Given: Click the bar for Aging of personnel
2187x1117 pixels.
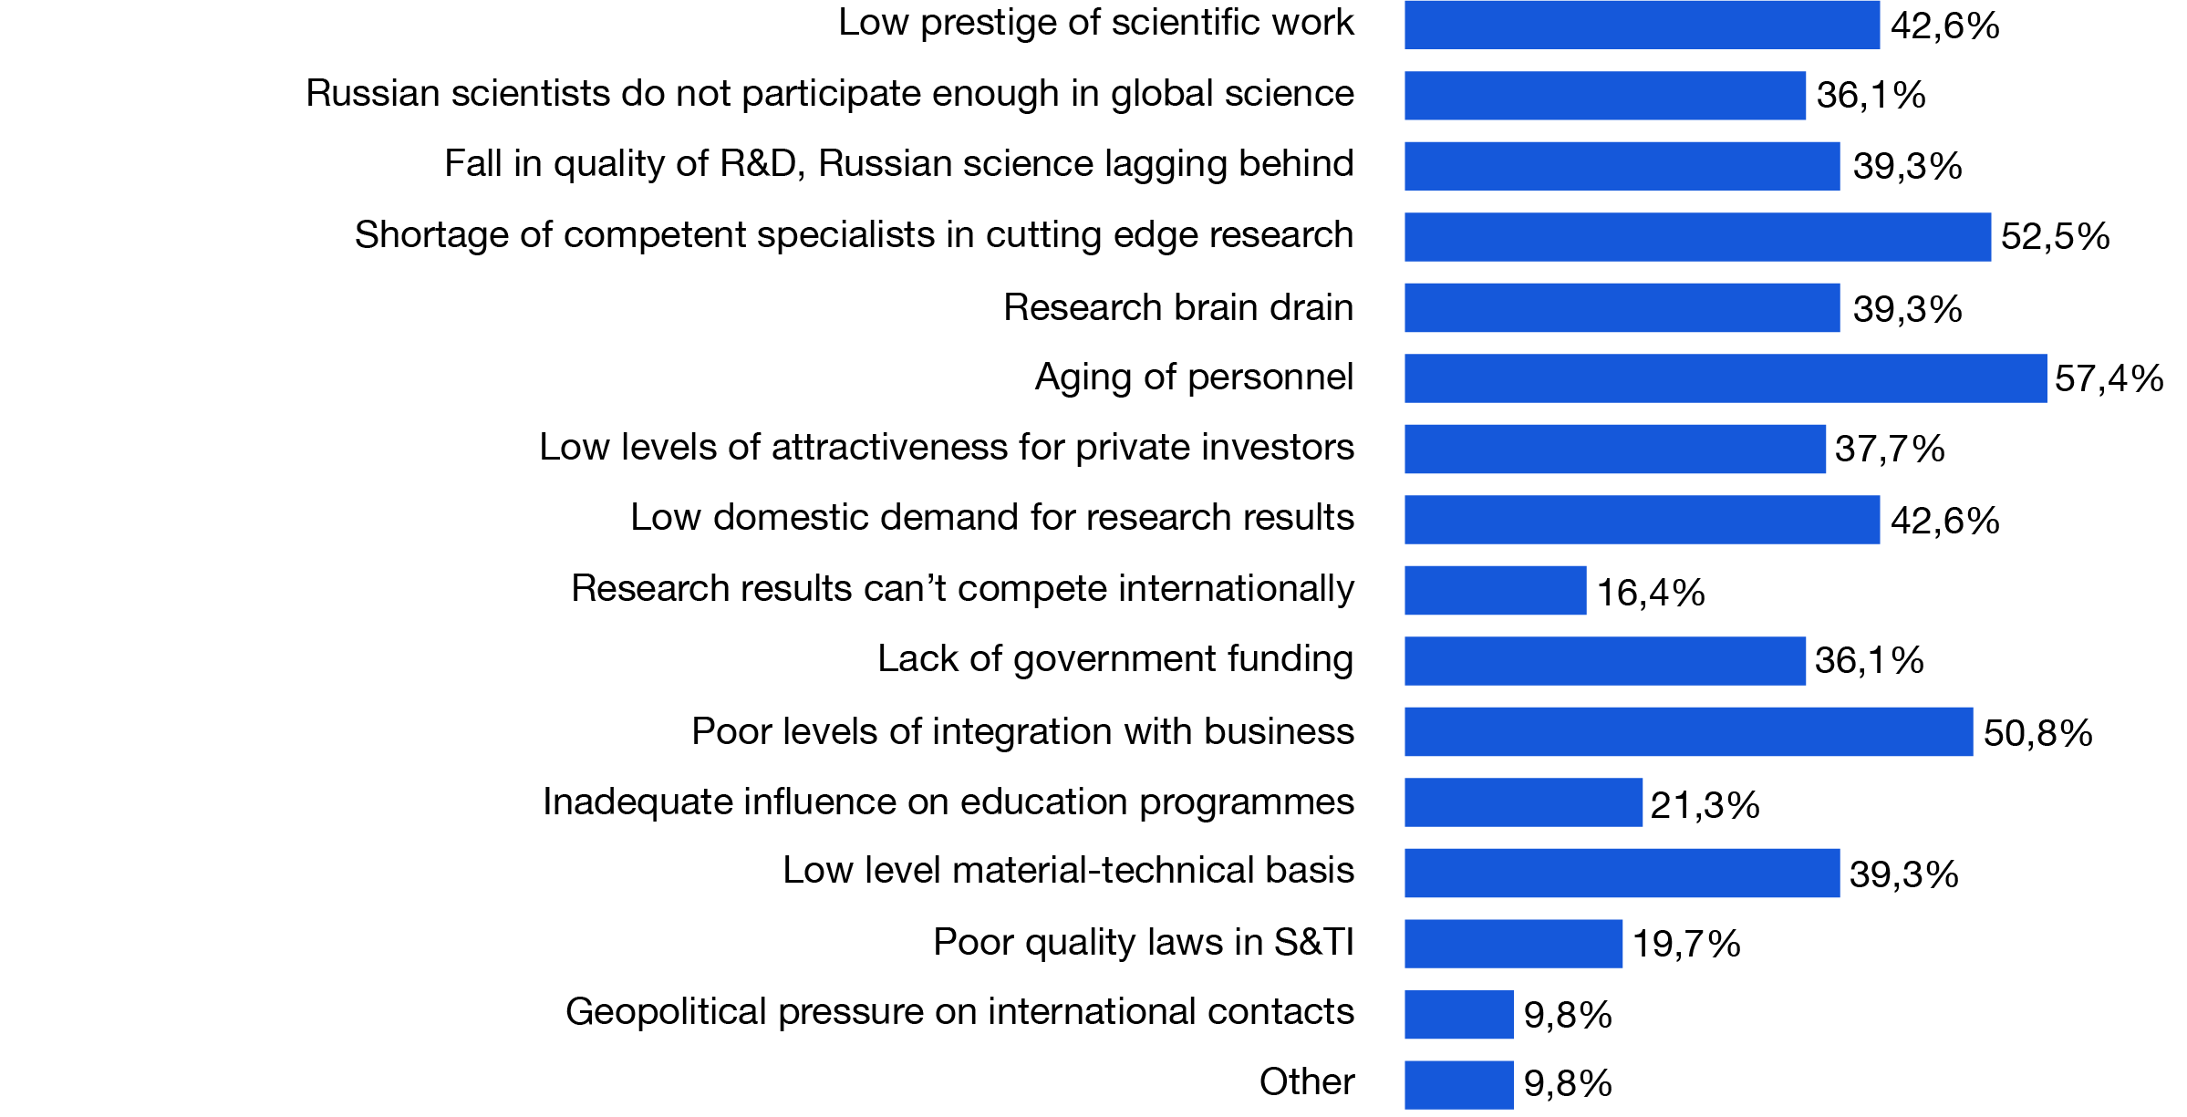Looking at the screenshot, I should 1725,378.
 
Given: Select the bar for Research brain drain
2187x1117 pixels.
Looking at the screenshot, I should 1622,308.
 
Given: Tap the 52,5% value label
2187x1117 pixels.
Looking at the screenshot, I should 2055,237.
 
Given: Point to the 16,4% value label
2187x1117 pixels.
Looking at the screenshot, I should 1651,593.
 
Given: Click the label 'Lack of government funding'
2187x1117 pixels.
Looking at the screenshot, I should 1114,659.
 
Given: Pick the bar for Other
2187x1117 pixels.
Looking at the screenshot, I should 1458,1085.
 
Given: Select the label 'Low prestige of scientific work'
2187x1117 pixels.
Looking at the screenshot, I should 1095,23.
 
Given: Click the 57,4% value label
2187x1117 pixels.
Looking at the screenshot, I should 2109,378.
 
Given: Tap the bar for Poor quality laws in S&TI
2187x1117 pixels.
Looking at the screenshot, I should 1513,944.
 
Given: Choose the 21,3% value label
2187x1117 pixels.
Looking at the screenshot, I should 1705,805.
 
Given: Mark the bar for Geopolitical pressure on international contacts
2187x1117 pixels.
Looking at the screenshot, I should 1458,1014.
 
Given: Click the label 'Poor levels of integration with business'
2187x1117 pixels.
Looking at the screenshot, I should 1022,731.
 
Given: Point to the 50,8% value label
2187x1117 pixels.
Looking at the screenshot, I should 2037,733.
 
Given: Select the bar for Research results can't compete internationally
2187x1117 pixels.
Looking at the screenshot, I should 1495,591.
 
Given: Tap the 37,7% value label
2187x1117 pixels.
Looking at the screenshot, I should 1890,450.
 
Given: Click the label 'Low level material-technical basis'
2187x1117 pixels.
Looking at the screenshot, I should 1068,871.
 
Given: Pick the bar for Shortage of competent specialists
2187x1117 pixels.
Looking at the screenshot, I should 1697,237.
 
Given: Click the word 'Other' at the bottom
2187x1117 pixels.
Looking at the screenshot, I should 1306,1082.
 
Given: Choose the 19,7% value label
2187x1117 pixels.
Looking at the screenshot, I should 1686,945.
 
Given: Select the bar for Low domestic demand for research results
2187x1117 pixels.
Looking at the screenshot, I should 1642,520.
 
